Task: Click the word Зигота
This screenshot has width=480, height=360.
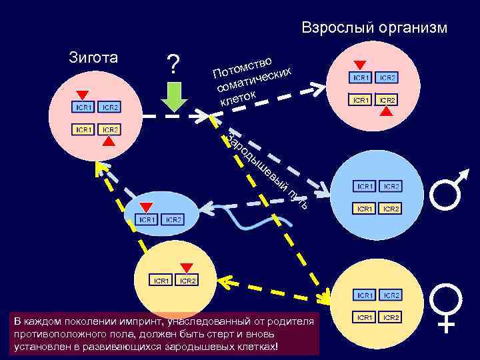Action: (93, 57)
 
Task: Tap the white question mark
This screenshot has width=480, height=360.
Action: (173, 65)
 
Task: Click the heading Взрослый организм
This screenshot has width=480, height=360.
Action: (374, 28)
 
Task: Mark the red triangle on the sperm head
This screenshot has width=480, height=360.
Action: (146, 207)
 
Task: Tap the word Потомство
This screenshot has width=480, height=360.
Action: (243, 63)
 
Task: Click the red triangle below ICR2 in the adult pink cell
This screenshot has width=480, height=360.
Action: (387, 112)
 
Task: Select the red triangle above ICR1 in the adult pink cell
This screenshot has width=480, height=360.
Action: (361, 65)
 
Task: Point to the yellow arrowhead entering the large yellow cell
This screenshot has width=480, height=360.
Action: (325, 296)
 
